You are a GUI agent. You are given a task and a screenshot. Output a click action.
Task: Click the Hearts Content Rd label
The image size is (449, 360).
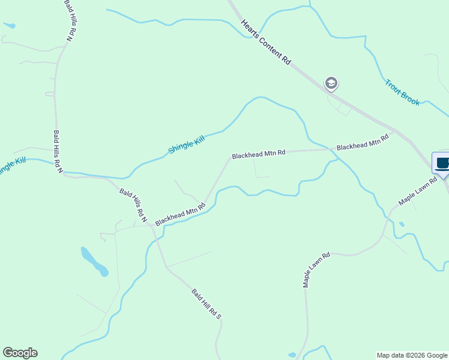[266, 42]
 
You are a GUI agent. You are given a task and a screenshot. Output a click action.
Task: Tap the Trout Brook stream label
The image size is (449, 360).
[402, 92]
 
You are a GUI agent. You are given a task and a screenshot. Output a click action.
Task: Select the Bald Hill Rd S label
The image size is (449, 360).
[207, 304]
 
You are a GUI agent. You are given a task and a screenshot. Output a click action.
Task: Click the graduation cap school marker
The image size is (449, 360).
[331, 83]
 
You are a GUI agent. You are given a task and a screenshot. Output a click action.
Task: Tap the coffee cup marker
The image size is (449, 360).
[442, 164]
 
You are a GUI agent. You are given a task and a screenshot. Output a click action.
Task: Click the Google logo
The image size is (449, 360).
[20, 353]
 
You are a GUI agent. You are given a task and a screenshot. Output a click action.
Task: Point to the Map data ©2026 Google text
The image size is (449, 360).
[412, 355]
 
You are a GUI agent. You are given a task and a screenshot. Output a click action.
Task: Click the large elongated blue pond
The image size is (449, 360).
[94, 261]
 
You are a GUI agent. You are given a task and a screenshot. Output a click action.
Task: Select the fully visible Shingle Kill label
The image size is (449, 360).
[186, 144]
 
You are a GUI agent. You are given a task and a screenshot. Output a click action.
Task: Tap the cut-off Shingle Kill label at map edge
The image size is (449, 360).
[12, 165]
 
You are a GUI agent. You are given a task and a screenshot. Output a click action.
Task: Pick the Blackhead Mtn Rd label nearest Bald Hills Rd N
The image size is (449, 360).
[180, 214]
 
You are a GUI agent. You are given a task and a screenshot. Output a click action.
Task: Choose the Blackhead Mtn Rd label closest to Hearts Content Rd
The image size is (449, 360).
[363, 142]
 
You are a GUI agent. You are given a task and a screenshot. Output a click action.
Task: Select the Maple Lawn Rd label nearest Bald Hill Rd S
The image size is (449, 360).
[316, 269]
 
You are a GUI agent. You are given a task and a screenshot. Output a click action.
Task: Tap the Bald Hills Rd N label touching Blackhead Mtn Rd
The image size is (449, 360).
[133, 205]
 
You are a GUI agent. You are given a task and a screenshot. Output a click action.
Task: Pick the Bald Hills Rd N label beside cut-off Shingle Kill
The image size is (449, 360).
[58, 152]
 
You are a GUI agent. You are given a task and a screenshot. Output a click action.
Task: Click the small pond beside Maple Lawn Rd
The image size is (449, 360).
[401, 225]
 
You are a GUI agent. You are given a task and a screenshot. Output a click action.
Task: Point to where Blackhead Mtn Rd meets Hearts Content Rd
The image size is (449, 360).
[394, 130]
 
